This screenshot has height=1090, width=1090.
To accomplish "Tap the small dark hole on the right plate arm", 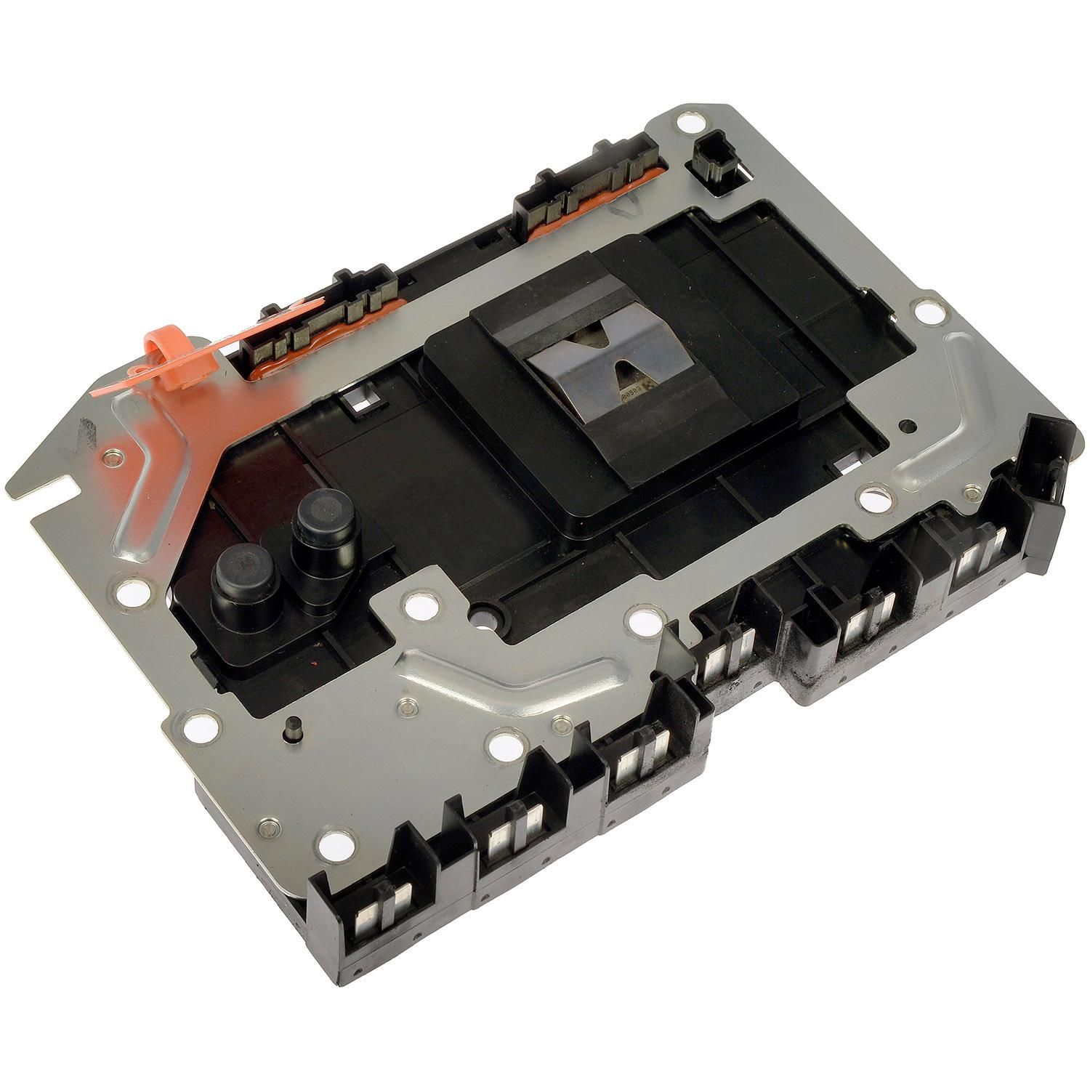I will click(905, 425).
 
